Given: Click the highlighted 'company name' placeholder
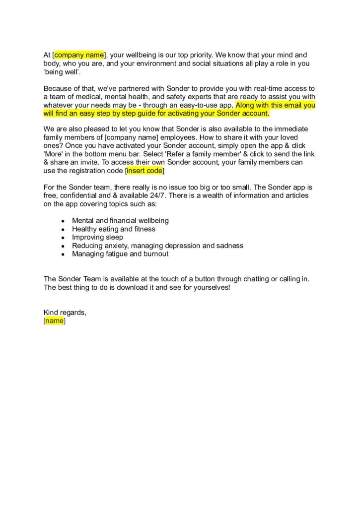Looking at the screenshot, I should click(79, 55).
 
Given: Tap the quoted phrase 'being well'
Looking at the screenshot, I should click(58, 72).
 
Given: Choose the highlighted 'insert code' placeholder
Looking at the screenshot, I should click(144, 171).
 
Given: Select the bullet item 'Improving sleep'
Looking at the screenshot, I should click(97, 237).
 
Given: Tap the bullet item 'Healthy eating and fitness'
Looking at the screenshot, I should click(113, 229).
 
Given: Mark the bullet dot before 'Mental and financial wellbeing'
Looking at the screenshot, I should click(62, 221).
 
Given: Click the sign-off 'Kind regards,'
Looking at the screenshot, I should click(65, 312).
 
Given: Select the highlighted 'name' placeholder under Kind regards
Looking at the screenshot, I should click(55, 321).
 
